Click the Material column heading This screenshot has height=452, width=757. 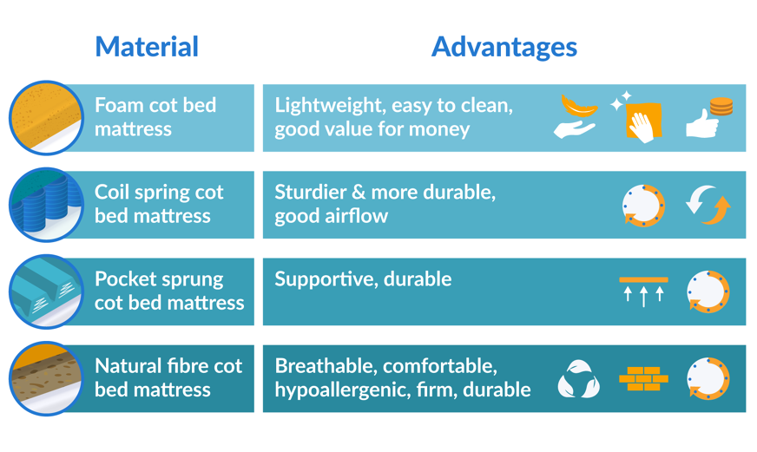click(x=147, y=47)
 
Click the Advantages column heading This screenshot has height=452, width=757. click(x=504, y=47)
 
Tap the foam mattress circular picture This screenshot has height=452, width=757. click(x=46, y=118)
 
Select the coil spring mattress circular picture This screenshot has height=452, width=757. click(x=46, y=205)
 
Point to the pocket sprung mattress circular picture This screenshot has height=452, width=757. click(x=46, y=292)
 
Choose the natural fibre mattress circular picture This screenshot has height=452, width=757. click(x=46, y=378)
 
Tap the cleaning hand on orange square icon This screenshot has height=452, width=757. click(x=639, y=118)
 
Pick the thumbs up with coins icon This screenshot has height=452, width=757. click(x=710, y=118)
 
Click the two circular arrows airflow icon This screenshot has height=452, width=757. click(x=708, y=206)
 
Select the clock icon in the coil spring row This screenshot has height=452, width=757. click(x=643, y=206)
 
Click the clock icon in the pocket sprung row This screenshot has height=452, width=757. click(x=708, y=292)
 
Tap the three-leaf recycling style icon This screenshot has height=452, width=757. click(x=578, y=379)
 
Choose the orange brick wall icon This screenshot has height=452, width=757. click(x=643, y=379)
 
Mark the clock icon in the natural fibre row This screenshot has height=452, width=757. click(x=708, y=379)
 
